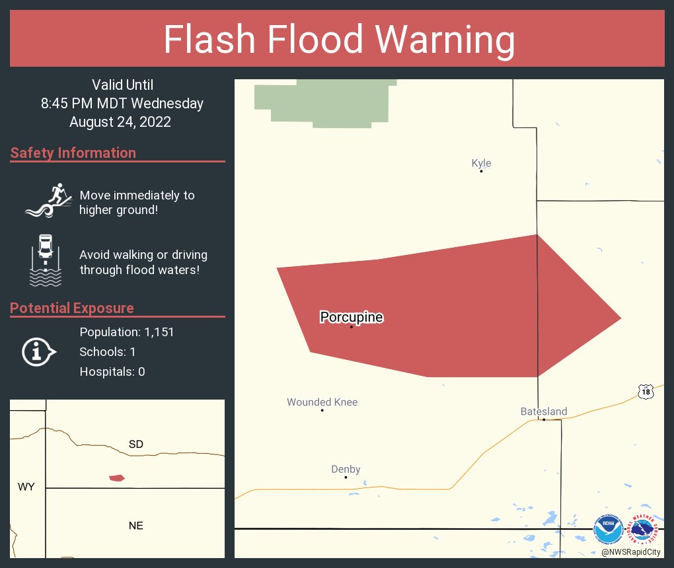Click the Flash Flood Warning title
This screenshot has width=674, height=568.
point(339,40)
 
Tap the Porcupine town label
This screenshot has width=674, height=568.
point(352,318)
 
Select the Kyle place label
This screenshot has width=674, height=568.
point(481,163)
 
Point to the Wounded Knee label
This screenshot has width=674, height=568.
point(322,402)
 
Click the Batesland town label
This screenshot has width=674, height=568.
point(544,411)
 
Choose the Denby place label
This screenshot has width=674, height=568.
point(346,470)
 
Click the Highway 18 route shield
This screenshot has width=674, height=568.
point(646,392)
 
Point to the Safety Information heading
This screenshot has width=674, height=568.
point(73,153)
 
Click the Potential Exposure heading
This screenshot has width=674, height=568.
point(72,308)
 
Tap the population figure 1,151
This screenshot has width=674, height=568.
point(159,332)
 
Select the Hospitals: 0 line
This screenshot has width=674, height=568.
point(112,372)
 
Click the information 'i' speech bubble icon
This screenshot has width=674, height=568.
point(38,351)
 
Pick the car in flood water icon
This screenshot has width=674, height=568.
point(46,260)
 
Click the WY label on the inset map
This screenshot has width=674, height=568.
point(26,487)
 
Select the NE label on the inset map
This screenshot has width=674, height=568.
point(135,526)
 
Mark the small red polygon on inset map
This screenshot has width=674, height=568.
point(117,478)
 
